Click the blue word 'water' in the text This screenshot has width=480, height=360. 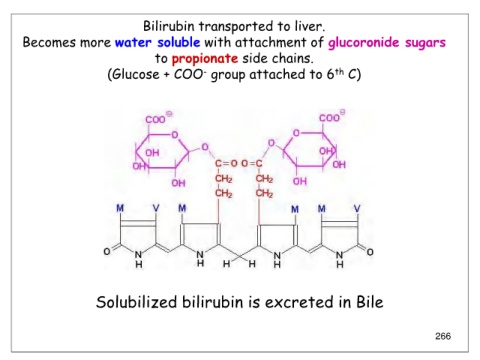(x=133, y=43)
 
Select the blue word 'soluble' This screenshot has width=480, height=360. (x=179, y=42)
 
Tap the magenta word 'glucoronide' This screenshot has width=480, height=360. (x=364, y=43)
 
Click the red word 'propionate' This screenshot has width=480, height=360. (x=205, y=59)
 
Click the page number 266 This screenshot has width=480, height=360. (x=443, y=336)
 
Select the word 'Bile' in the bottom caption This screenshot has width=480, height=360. (x=370, y=302)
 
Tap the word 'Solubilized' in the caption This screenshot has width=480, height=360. (x=136, y=302)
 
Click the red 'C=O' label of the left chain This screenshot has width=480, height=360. (x=226, y=163)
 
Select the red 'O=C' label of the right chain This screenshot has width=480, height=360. (x=252, y=163)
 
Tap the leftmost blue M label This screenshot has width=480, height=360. (x=120, y=208)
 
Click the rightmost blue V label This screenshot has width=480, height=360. (x=357, y=209)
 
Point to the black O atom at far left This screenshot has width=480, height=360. (x=107, y=251)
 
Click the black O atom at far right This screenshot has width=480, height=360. (x=370, y=252)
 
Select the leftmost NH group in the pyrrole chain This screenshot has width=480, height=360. (x=139, y=259)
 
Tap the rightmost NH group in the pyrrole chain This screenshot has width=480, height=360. (x=339, y=260)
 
